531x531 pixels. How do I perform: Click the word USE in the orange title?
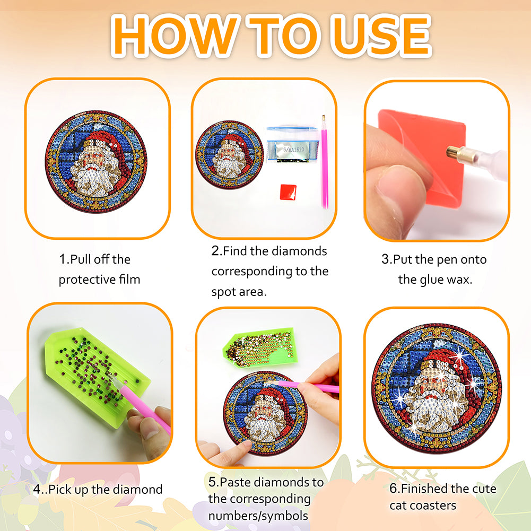[381, 36]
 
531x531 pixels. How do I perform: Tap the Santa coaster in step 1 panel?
[96, 162]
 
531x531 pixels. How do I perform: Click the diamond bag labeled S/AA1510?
[292, 145]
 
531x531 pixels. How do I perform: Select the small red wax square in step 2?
[288, 192]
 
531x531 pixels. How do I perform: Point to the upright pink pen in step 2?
[325, 162]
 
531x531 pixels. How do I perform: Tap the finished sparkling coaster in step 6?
[437, 388]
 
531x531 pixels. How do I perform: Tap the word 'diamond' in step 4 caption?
[137, 489]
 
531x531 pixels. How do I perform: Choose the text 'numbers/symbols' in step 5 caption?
[258, 516]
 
